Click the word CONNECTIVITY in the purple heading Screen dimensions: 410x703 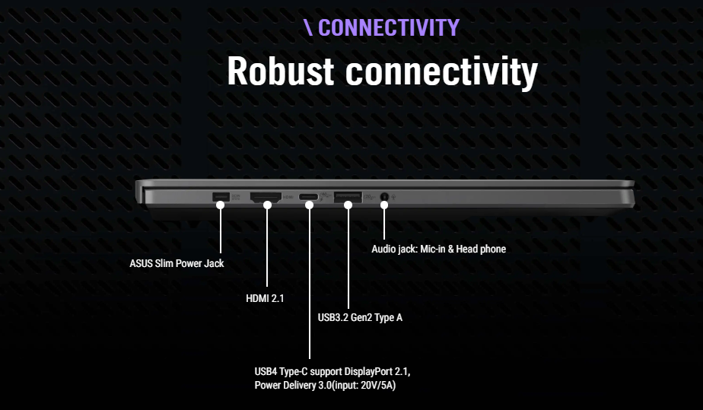[388, 27]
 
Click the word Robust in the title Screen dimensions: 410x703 [281, 72]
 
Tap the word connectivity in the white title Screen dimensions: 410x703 [441, 72]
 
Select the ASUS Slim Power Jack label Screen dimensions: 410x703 [177, 264]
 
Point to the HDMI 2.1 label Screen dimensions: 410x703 [265, 298]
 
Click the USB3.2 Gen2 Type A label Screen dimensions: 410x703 [360, 317]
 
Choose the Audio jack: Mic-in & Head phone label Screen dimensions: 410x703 [438, 249]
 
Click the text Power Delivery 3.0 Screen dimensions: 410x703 [292, 386]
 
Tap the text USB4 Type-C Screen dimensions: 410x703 [281, 372]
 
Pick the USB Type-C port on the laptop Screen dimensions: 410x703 [309, 199]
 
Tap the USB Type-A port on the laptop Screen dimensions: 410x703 [348, 199]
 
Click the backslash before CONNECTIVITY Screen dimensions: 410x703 [308, 27]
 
